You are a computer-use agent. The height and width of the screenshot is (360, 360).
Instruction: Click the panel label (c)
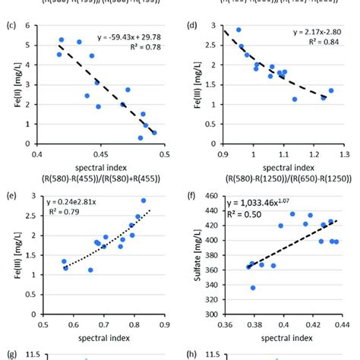(10, 24)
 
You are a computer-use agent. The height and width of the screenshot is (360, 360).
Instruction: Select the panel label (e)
(10, 194)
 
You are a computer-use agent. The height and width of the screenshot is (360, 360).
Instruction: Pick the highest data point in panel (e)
(144, 201)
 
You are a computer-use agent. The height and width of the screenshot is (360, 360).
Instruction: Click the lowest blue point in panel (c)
(141, 138)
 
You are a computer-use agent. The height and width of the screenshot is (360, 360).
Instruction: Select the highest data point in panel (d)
(238, 30)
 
